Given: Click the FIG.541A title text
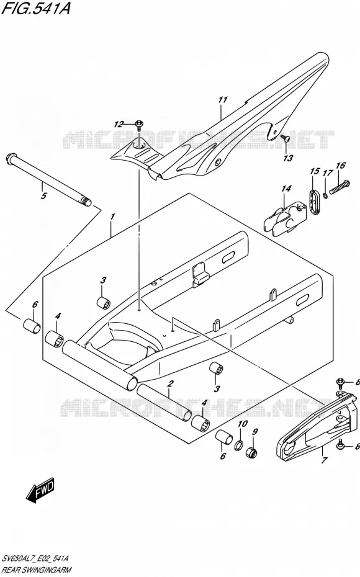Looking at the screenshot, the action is click(35, 9).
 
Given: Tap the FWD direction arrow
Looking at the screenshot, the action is click(40, 491).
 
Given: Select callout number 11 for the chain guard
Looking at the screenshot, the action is click(223, 99).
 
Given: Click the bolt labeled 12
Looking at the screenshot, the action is click(140, 125).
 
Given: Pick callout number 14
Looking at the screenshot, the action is click(286, 189).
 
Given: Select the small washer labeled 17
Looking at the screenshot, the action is click(325, 195).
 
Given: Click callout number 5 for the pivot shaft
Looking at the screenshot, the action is click(43, 196).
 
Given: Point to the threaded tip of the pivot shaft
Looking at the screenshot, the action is click(87, 201).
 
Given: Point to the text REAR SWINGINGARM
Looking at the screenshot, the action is click(37, 570).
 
